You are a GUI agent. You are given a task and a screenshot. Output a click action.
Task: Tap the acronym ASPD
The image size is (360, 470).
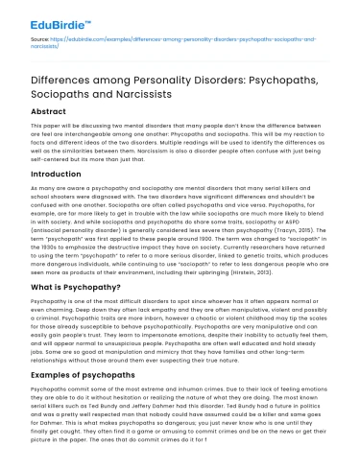(x=288, y=211)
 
